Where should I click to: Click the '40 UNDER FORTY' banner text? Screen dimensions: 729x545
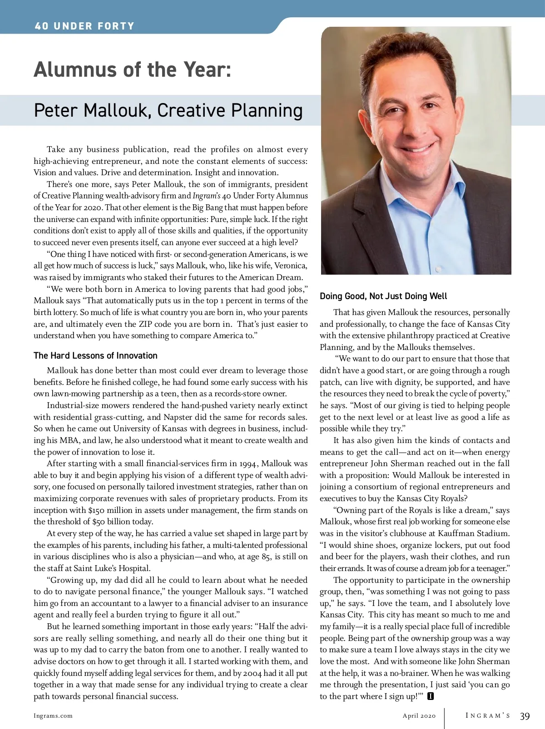coord(84,26)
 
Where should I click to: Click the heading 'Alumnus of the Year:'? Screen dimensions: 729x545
coord(133,70)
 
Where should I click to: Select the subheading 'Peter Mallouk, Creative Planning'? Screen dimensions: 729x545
coord(168,111)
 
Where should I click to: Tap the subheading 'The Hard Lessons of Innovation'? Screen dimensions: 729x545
coord(95,355)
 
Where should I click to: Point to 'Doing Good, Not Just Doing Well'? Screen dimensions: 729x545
coord(383,296)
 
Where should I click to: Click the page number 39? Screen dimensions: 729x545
coord(525,716)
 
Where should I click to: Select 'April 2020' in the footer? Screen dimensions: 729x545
coord(419,716)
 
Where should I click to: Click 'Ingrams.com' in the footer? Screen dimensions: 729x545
coord(53,716)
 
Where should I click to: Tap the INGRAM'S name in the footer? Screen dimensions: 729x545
coord(488,716)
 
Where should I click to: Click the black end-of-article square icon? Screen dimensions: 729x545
coord(431,696)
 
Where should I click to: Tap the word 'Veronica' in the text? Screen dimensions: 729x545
coord(290,266)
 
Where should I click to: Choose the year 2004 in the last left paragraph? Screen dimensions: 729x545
coord(252,673)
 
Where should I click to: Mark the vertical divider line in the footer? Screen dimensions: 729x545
coord(445,717)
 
